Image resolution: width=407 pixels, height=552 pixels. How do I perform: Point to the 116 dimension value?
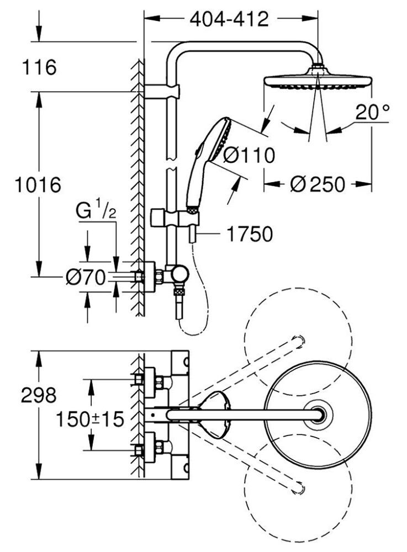(39, 67)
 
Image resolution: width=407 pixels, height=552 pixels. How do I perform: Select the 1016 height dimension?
(38, 185)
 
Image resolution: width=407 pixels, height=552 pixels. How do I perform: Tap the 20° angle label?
(372, 112)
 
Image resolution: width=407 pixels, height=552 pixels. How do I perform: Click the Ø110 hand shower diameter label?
(249, 155)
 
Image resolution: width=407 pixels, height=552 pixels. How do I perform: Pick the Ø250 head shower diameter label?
(318, 184)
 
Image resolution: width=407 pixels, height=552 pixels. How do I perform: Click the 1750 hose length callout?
(249, 234)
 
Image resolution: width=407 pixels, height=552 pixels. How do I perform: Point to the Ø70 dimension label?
(86, 277)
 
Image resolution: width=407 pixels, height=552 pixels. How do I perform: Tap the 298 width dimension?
(39, 395)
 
